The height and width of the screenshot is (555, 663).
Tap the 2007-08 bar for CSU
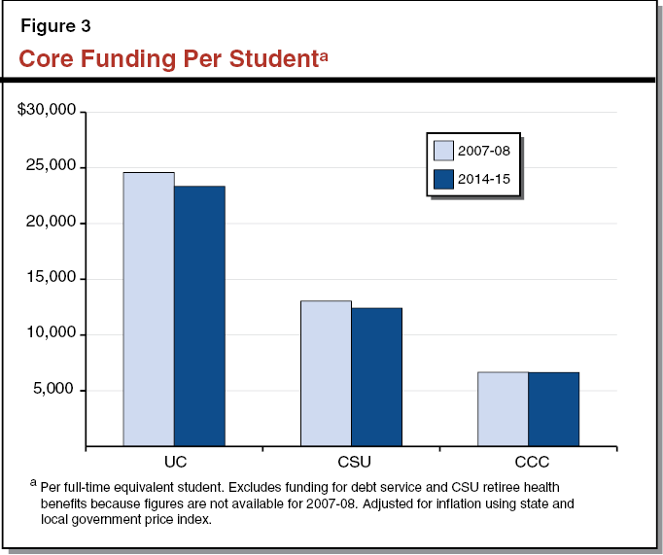pyautogui.click(x=326, y=373)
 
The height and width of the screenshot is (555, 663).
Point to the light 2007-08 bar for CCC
pyautogui.click(x=503, y=408)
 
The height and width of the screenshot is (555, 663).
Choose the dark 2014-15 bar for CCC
pyautogui.click(x=553, y=408)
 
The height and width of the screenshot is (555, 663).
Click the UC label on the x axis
pyautogui.click(x=174, y=462)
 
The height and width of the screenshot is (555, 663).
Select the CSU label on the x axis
pyautogui.click(x=351, y=462)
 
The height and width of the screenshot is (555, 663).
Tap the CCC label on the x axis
pyautogui.click(x=528, y=462)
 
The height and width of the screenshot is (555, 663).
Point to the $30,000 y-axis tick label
pyautogui.click(x=47, y=111)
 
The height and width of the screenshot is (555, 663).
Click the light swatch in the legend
pyautogui.click(x=444, y=150)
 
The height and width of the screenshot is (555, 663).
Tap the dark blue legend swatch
pyautogui.click(x=444, y=179)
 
